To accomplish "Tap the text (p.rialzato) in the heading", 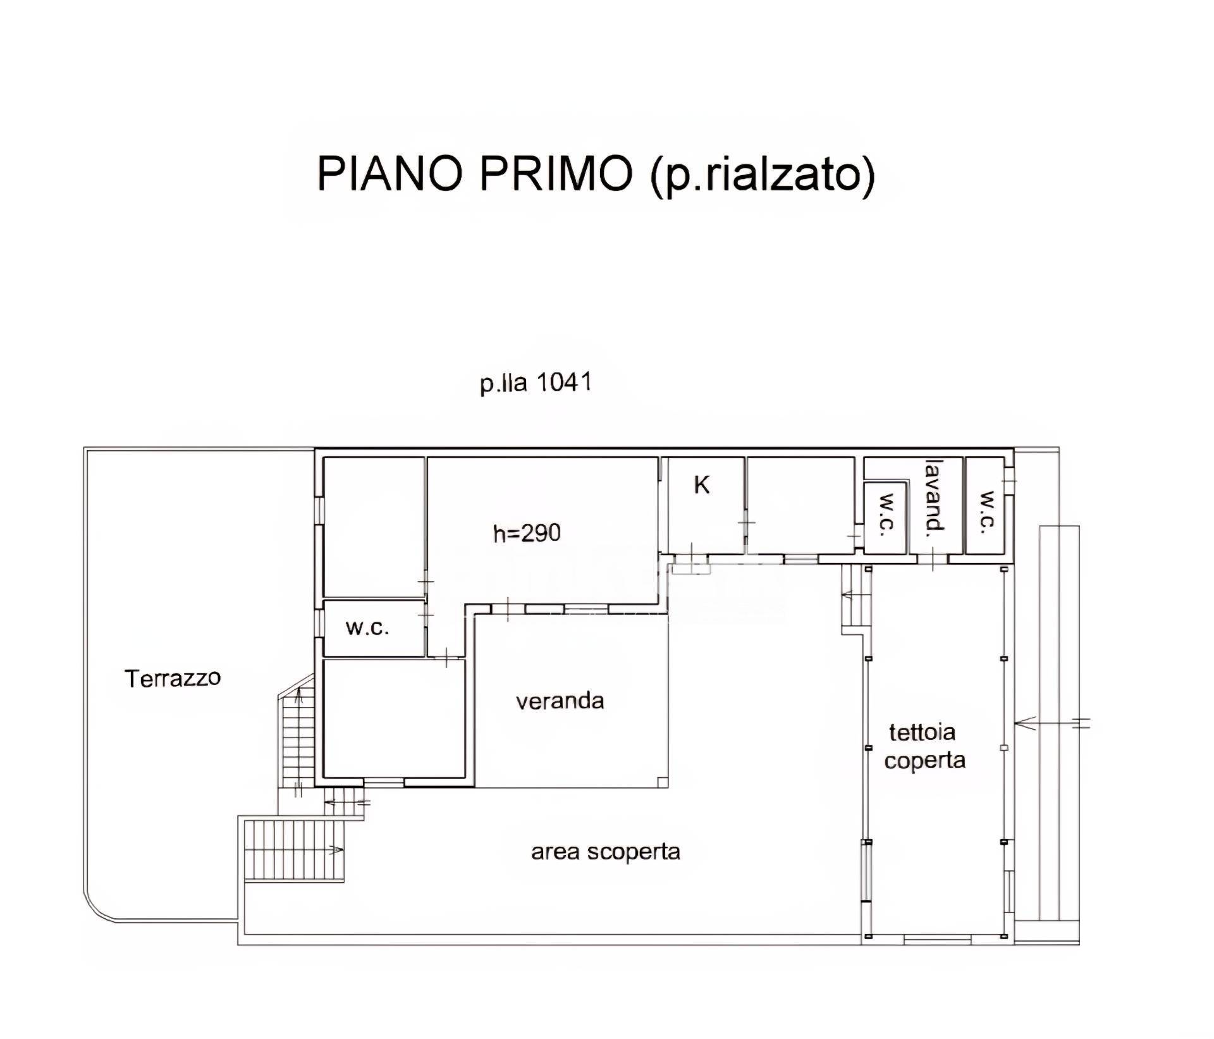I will point(763,175).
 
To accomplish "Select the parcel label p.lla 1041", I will point(536,383).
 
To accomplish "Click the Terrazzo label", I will point(173,679).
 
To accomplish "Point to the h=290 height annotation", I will point(527,533).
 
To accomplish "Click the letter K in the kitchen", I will point(702,486).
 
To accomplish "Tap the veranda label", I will point(560,701).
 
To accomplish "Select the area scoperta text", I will point(605,852).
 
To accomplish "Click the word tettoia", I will point(922,732).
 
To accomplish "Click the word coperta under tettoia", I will point(924,760).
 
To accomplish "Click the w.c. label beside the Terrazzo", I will point(367,628).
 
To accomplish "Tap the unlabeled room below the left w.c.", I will point(393,718).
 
